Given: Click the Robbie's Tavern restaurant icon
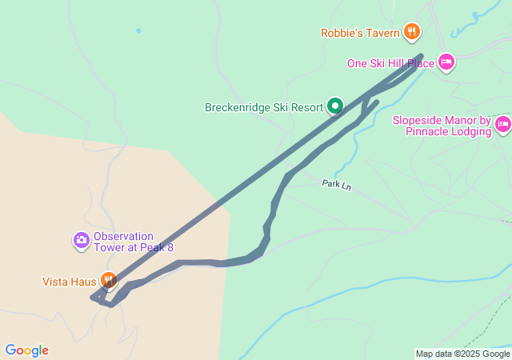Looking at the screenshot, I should click(412, 32).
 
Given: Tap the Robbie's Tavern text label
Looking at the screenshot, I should click(359, 33).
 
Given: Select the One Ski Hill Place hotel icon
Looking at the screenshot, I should click(446, 62).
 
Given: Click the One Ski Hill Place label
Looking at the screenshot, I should click(390, 63).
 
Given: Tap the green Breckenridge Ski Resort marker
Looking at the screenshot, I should click(335, 106).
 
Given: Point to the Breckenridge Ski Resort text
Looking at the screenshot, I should click(274, 106).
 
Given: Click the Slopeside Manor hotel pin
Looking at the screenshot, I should click(503, 124).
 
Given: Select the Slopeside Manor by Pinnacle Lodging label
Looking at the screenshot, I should click(441, 126).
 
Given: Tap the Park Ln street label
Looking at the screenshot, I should click(337, 184).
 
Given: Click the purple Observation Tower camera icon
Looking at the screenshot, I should click(81, 239).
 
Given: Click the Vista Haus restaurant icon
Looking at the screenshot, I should click(108, 281).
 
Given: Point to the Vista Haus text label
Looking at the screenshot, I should click(69, 282).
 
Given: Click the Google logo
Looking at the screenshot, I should click(26, 350).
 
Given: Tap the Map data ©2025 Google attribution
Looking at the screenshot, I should click(462, 354).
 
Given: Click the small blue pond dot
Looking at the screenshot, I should click(138, 31).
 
